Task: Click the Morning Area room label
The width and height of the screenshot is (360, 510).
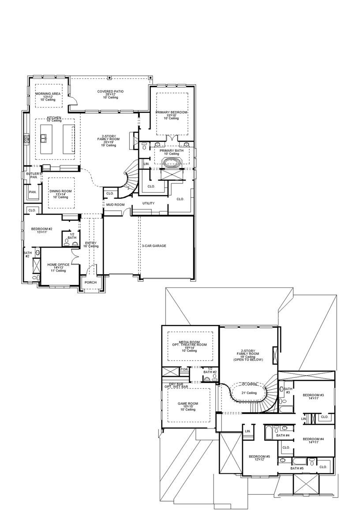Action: [x=48, y=94]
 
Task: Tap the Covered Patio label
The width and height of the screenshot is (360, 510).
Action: [x=110, y=92]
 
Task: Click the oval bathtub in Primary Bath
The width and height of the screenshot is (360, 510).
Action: [x=172, y=163]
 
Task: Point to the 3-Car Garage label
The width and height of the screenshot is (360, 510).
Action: [x=154, y=246]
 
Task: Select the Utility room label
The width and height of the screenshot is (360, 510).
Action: [x=148, y=203]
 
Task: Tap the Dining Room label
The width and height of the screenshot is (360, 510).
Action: [x=60, y=191]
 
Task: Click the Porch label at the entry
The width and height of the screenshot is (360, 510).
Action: [x=90, y=283]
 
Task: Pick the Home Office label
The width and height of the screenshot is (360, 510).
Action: [x=58, y=264]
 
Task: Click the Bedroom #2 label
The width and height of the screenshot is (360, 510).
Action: [x=41, y=229]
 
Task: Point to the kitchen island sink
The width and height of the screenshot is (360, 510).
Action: [x=44, y=138]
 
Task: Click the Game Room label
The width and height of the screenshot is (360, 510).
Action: [x=188, y=403]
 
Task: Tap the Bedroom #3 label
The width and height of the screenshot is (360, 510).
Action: [x=313, y=395]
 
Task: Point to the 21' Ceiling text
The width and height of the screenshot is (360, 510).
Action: [x=248, y=393]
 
